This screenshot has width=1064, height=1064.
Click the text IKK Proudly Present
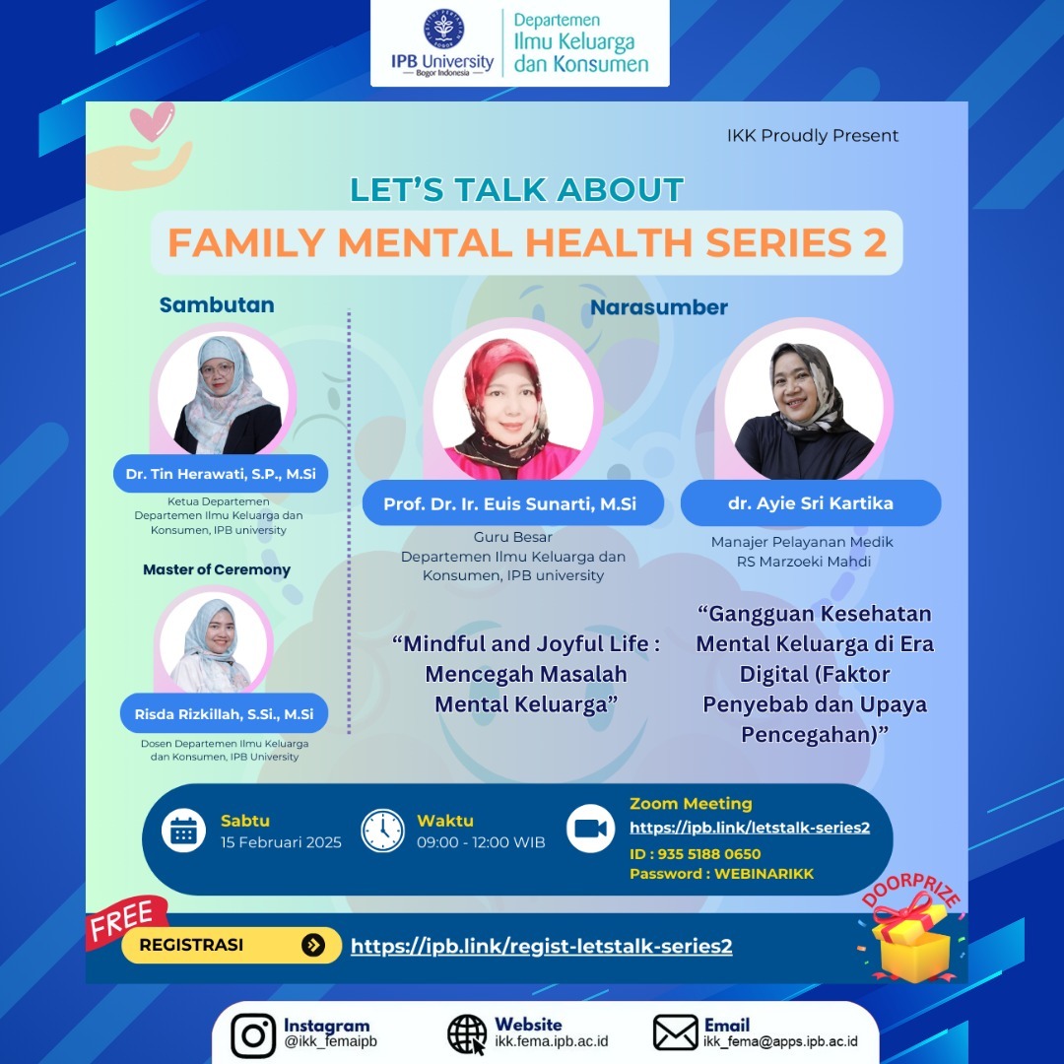(812, 136)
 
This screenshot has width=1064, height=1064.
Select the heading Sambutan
(217, 305)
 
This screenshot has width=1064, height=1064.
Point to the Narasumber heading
(658, 307)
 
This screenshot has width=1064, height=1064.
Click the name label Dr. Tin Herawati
(221, 474)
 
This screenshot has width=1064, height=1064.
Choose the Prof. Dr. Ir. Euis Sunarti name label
(509, 504)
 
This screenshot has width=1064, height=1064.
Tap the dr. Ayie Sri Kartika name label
(810, 502)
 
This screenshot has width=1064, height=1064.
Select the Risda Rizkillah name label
(224, 713)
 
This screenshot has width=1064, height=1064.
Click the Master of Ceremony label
(217, 569)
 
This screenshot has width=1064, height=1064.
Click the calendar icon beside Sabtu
(183, 831)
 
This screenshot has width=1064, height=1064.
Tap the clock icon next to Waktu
(382, 831)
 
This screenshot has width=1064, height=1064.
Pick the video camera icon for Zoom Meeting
(590, 829)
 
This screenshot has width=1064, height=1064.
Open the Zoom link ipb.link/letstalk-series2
(749, 828)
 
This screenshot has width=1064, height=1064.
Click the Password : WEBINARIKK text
(721, 874)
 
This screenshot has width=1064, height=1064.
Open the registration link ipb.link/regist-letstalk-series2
(541, 947)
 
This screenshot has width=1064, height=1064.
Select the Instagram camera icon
(253, 1035)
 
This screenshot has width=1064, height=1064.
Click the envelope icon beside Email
(675, 1033)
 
